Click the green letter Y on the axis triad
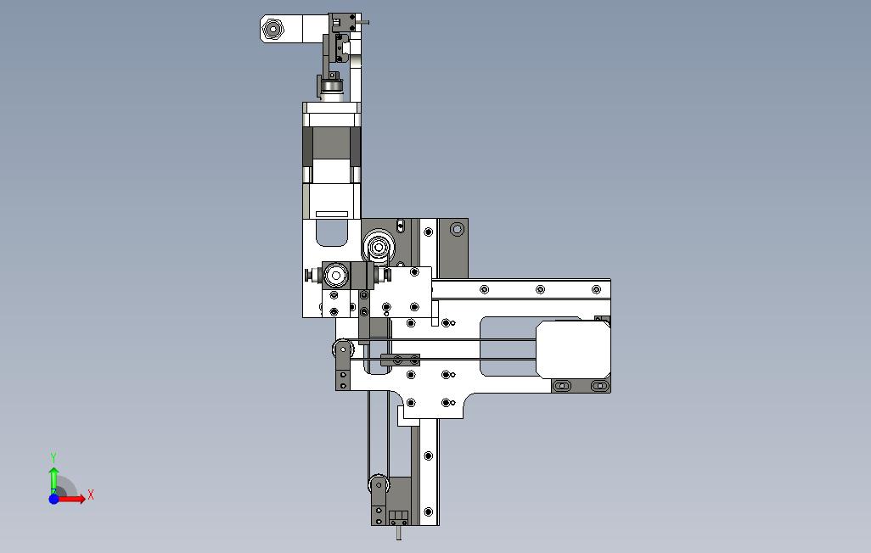tap(53, 458)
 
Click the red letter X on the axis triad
tap(91, 494)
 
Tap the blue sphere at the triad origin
tap(53, 500)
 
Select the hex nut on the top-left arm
tap(273, 28)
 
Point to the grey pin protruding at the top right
tap(365, 23)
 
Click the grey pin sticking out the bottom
tap(399, 533)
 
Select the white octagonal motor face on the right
tap(573, 349)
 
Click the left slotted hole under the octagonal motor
tap(563, 385)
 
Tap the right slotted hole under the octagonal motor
tap(598, 385)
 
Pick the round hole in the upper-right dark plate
tap(457, 229)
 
